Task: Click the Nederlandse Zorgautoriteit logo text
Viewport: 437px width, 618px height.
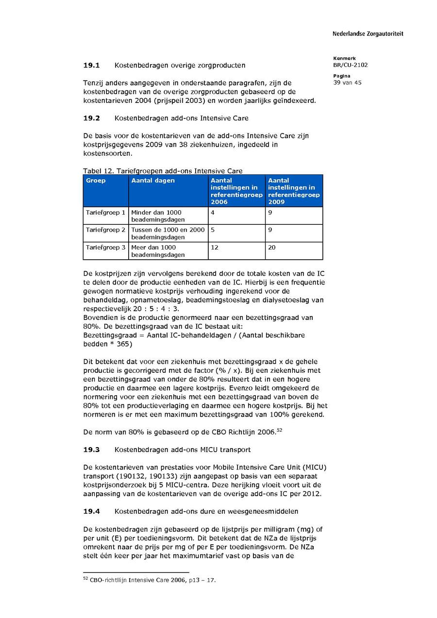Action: point(368,34)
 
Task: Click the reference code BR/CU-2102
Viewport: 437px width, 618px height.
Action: point(350,65)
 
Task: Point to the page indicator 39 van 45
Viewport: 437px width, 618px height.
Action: point(347,83)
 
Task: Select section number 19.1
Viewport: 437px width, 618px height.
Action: point(91,65)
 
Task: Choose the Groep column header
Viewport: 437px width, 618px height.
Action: point(96,181)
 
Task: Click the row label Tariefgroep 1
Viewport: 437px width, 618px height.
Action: point(105,213)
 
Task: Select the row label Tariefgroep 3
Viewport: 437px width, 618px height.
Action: point(105,248)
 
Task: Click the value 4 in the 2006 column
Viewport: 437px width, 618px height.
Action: point(213,213)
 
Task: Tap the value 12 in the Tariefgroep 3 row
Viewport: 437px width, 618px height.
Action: point(214,248)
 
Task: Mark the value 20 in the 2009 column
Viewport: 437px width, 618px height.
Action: point(272,248)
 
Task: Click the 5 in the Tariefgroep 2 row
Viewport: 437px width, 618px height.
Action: point(213,230)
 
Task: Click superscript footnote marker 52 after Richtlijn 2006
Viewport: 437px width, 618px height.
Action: point(279,430)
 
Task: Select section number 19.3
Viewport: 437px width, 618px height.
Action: point(91,450)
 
